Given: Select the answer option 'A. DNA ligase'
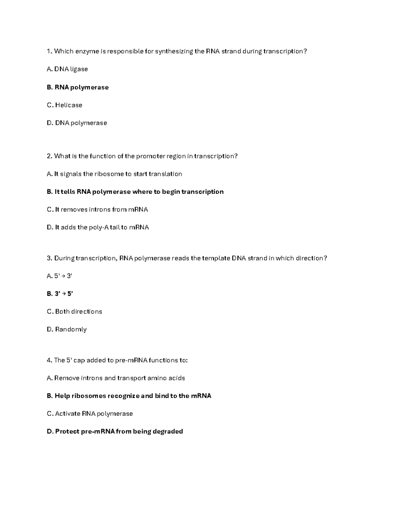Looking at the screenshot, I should pos(67,69).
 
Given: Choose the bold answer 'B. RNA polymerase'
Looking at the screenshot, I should pos(78,87).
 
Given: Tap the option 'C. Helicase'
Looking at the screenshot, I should pos(65,105).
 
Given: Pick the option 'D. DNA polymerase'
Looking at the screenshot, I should pos(77,123).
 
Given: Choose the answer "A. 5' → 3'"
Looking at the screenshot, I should pos(60,276).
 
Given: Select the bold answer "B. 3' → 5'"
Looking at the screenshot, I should pos(60,294).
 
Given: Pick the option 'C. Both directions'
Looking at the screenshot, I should pos(75,312).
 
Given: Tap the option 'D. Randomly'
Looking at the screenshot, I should pos(67,330).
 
